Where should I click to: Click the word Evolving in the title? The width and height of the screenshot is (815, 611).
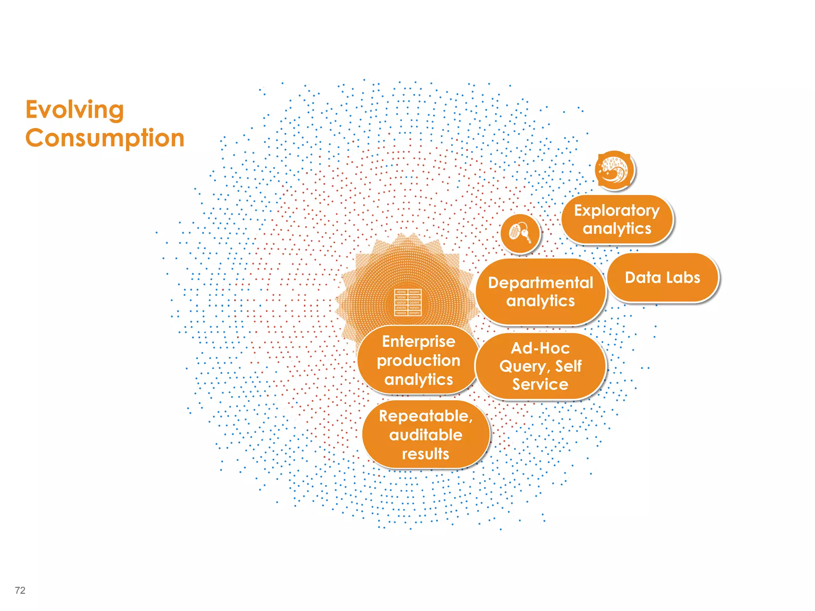click(x=75, y=110)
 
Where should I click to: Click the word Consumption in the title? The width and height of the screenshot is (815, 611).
click(x=105, y=138)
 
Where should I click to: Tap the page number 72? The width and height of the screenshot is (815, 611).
click(x=20, y=590)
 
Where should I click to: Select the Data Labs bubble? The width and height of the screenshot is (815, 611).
click(x=663, y=278)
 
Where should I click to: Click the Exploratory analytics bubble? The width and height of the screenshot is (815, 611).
click(x=617, y=220)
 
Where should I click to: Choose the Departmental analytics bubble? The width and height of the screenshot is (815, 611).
click(x=540, y=292)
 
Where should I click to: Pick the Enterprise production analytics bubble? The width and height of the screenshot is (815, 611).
click(x=418, y=360)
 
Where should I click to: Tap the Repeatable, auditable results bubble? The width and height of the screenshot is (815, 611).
click(x=425, y=435)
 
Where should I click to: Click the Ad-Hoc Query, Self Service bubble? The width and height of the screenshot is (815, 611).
click(x=540, y=366)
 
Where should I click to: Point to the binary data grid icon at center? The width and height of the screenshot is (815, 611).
click(x=408, y=302)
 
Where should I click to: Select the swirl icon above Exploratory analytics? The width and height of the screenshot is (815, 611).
click(x=614, y=169)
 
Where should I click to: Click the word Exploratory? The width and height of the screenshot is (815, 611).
click(x=617, y=210)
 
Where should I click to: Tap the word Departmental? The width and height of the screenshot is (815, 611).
click(x=540, y=283)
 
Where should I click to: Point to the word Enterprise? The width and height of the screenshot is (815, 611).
click(x=419, y=341)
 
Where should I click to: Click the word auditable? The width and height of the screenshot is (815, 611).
click(x=426, y=435)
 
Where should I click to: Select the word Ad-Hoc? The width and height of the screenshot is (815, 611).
click(x=540, y=348)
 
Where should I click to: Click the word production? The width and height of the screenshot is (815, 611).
click(x=419, y=360)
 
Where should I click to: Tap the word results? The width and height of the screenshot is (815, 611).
click(x=425, y=453)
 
